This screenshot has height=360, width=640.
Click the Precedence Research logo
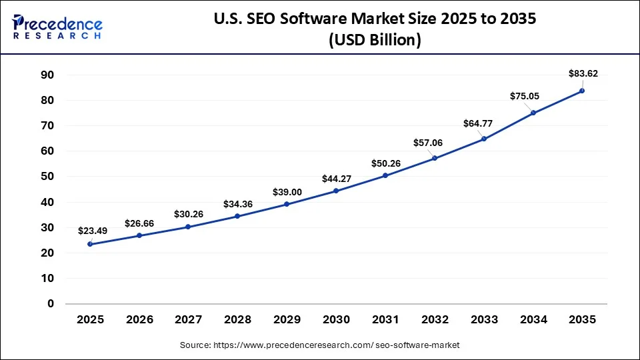tap(57, 27)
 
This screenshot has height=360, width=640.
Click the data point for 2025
tap(90, 244)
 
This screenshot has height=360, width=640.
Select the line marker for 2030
tap(335, 191)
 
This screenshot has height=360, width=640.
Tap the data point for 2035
tap(581, 91)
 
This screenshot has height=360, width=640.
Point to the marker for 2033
tap(483, 139)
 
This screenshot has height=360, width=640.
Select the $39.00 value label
tap(287, 192)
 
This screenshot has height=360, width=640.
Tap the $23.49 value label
tap(93, 231)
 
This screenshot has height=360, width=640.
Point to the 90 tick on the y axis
tap(46, 75)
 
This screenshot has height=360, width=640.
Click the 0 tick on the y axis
tap(50, 303)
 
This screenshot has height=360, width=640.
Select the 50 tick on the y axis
tap(46, 177)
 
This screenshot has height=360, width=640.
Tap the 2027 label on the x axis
tap(189, 320)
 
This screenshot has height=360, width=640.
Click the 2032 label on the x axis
tap(434, 320)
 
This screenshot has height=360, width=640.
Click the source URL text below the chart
tap(320, 345)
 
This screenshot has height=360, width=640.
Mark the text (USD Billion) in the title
tap(375, 40)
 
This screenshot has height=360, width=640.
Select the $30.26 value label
tap(189, 214)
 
